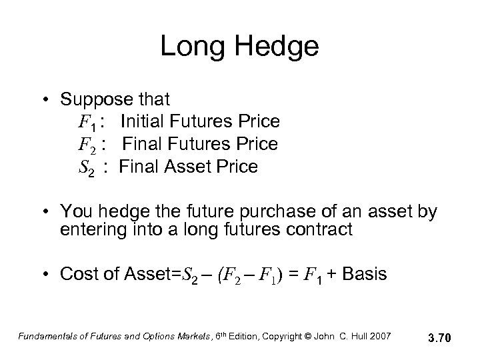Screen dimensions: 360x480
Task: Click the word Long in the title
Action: click(x=193, y=47)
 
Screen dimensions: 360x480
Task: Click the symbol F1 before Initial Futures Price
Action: click(x=86, y=123)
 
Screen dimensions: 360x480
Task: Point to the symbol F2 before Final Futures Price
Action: click(x=86, y=145)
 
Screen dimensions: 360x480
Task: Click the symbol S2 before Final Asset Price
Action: click(x=86, y=167)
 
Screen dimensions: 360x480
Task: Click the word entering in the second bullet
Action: click(x=92, y=230)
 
